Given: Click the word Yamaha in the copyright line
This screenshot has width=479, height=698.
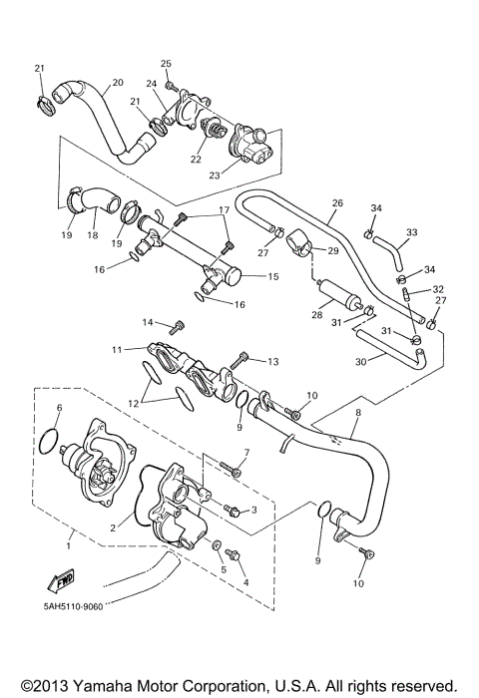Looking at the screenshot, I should [103, 686].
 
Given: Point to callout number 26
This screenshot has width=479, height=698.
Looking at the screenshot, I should [336, 203].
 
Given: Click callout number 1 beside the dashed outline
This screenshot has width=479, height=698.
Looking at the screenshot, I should [69, 544].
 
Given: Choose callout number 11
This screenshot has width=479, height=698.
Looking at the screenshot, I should [117, 349].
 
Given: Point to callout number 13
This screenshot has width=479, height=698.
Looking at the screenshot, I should [271, 360].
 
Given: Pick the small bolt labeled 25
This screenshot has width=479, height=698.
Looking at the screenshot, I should [171, 86].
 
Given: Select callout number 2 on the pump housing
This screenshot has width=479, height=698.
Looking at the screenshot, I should [113, 527].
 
